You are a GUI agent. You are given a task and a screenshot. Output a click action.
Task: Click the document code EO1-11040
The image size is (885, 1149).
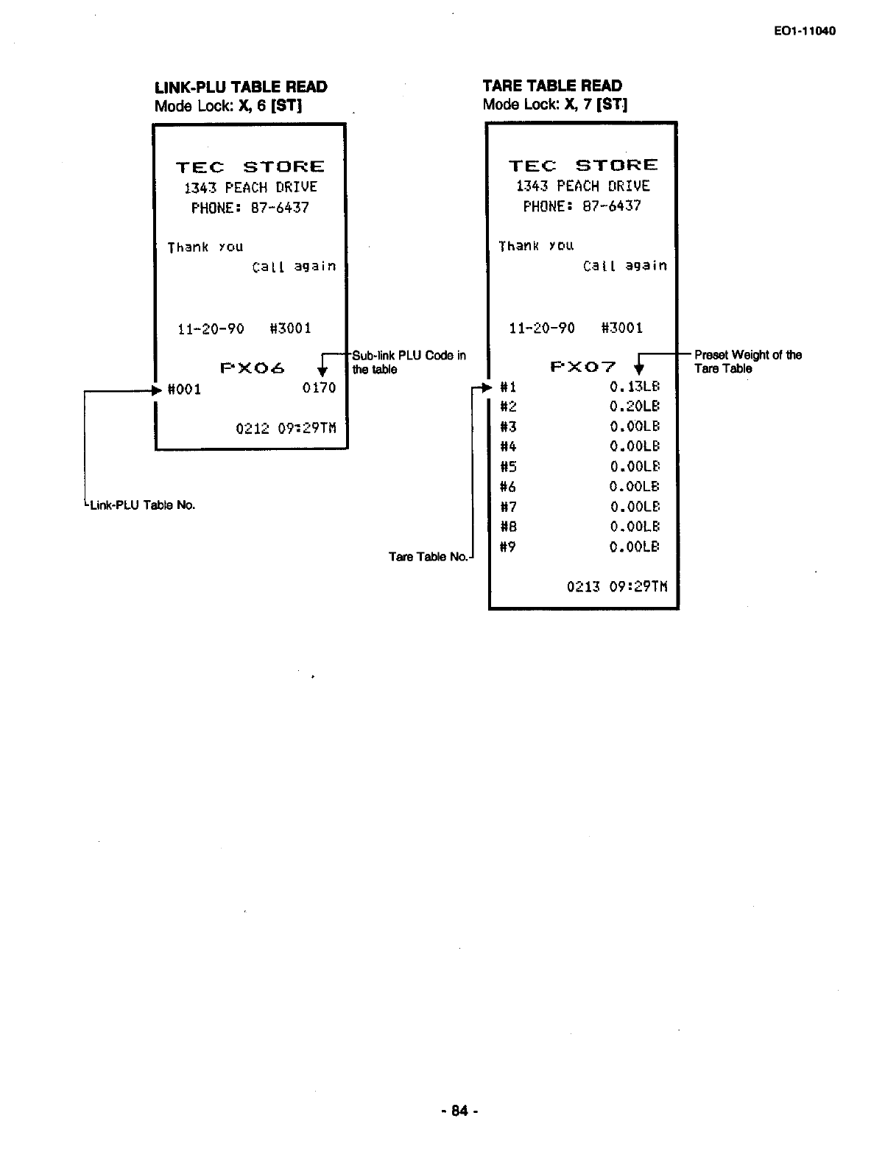(x=805, y=31)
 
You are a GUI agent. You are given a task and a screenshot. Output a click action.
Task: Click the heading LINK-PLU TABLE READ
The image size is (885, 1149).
(x=241, y=87)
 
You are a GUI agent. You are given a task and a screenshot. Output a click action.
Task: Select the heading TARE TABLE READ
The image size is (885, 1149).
(x=552, y=86)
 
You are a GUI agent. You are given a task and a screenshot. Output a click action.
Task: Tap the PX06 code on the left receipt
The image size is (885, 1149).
(x=253, y=368)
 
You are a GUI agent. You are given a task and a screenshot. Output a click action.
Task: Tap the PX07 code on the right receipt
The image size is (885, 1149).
(x=583, y=367)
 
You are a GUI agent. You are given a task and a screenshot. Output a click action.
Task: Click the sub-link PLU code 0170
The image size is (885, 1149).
(x=319, y=388)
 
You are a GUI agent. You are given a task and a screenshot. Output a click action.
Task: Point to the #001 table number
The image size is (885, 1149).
(x=185, y=389)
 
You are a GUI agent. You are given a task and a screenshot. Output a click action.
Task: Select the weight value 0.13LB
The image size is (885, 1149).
(x=635, y=387)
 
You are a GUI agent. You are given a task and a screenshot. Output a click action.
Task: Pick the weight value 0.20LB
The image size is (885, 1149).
(x=635, y=407)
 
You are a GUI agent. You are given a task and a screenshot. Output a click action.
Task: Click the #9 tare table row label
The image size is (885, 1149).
(x=508, y=547)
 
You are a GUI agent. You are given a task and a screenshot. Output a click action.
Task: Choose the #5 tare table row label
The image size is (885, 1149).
(x=508, y=467)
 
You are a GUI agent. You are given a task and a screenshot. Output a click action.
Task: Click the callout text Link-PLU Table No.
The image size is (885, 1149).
(x=141, y=505)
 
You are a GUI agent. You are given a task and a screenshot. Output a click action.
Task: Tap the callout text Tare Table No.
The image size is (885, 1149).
(x=428, y=557)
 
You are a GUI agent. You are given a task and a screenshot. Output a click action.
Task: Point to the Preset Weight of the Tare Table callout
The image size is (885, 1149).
(x=747, y=362)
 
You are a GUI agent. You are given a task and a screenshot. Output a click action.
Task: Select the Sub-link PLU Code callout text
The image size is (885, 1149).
(x=409, y=362)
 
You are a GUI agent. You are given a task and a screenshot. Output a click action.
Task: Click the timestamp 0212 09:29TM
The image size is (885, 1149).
(x=286, y=428)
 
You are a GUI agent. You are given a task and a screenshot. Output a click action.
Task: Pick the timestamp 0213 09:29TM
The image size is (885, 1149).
(x=617, y=587)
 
